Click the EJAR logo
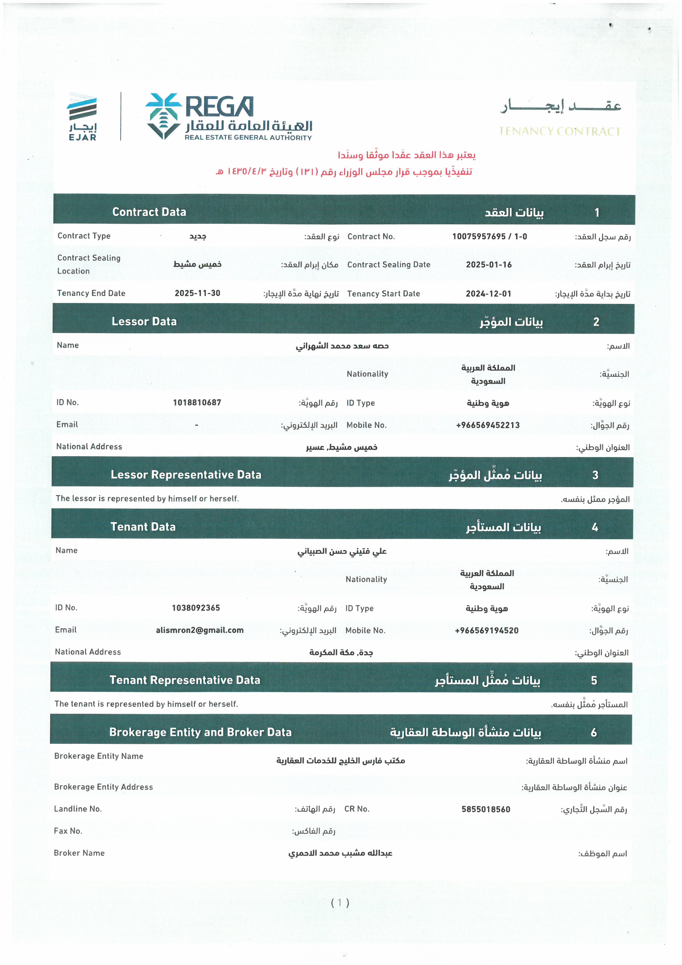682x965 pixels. [82, 116]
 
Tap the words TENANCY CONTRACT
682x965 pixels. [559, 132]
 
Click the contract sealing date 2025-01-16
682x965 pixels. [489, 265]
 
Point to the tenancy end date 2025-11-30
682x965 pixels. [197, 293]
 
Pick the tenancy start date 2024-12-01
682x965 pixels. [488, 294]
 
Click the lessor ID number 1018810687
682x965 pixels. [197, 403]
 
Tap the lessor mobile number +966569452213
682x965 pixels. [488, 425]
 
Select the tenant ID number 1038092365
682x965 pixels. [196, 608]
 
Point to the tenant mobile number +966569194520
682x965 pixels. [487, 630]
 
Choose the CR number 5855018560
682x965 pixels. [486, 810]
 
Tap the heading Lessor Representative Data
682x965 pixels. [186, 475]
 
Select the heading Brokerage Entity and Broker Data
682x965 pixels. [200, 732]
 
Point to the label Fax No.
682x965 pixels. [68, 831]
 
